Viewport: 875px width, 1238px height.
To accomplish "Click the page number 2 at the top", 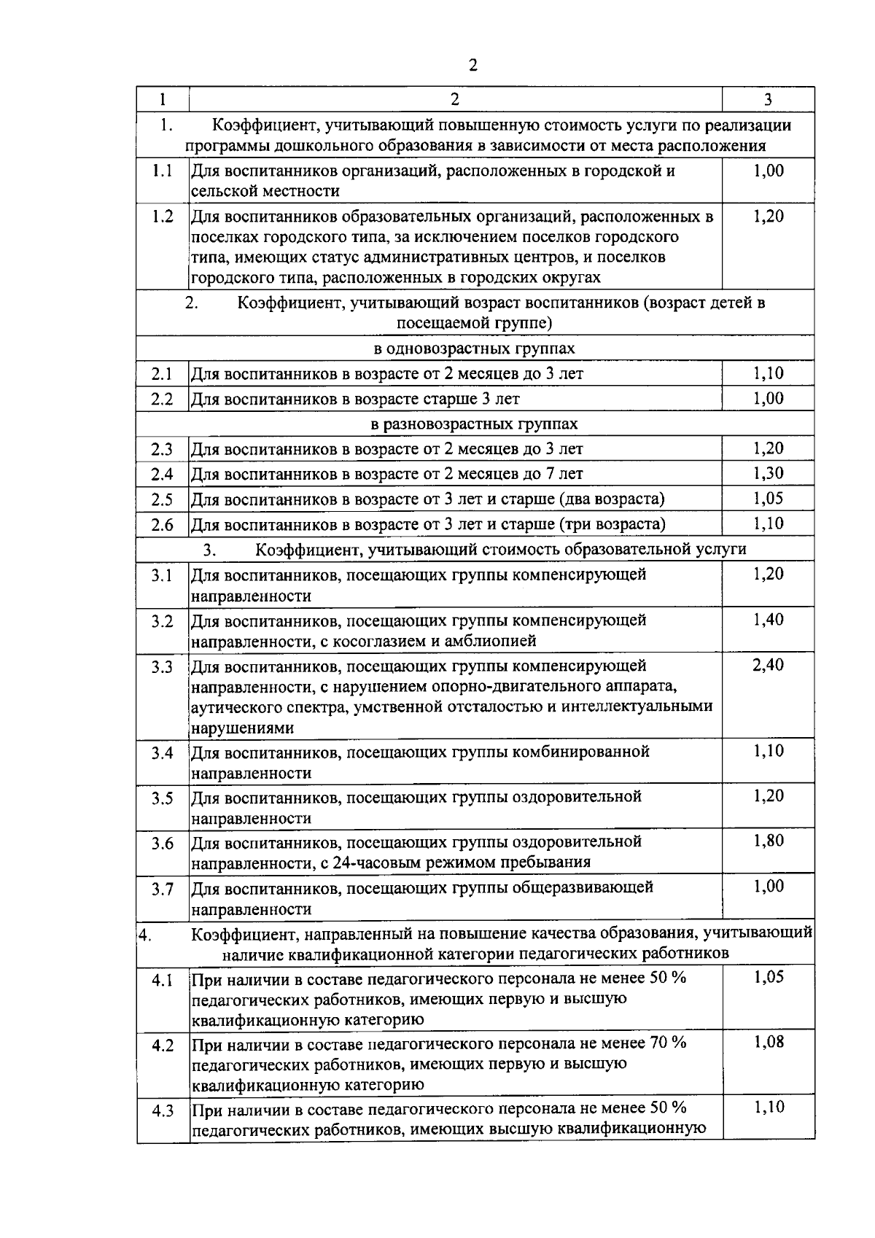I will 472,66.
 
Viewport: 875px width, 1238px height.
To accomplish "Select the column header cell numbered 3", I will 768,100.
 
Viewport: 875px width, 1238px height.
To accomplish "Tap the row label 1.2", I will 162,217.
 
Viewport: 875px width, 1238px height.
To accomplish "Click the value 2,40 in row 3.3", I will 768,665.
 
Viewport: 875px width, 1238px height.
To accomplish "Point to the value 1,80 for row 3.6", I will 768,841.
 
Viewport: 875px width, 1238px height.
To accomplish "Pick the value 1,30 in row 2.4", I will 768,473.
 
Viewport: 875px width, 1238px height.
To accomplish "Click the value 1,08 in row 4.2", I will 768,1042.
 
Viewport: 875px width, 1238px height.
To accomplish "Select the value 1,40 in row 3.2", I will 768,620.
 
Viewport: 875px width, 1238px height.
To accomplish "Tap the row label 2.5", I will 162,500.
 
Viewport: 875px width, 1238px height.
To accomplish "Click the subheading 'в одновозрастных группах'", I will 474,349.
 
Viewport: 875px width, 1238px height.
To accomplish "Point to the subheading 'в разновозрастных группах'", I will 474,424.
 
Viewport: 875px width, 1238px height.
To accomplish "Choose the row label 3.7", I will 162,889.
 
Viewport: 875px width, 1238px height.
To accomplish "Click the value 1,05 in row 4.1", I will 768,977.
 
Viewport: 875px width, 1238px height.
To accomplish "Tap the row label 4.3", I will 162,1111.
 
